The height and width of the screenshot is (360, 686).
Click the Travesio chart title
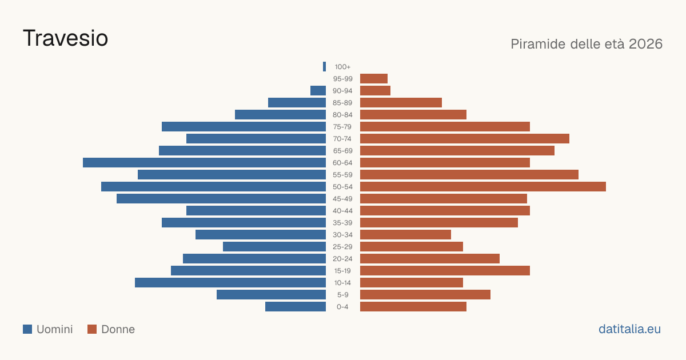point(65,38)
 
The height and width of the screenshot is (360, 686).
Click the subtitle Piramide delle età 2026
point(587,44)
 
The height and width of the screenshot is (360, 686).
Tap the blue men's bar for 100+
point(324,67)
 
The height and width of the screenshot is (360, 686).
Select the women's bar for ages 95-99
point(374,79)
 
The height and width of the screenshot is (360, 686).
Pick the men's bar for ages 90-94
point(318,91)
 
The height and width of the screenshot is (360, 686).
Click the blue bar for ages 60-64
point(204,162)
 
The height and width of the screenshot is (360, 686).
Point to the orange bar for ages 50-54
point(483,187)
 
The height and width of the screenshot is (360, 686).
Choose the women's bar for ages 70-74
point(465,139)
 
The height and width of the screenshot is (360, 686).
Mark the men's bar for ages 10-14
point(230,282)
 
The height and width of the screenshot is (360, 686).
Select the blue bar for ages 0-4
point(296,307)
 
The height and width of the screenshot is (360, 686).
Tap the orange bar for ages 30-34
point(405,235)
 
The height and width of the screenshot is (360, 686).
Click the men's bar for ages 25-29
point(274,247)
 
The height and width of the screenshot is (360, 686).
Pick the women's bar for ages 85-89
point(401,102)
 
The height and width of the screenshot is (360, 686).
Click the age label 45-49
point(342,199)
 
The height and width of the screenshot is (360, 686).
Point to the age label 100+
point(342,67)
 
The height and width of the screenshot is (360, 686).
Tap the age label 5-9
point(342,295)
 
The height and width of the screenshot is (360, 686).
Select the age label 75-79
point(342,127)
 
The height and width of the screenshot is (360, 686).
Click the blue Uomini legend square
point(27,329)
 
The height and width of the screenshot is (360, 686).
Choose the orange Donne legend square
point(92,329)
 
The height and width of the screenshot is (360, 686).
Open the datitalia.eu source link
point(629,329)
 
